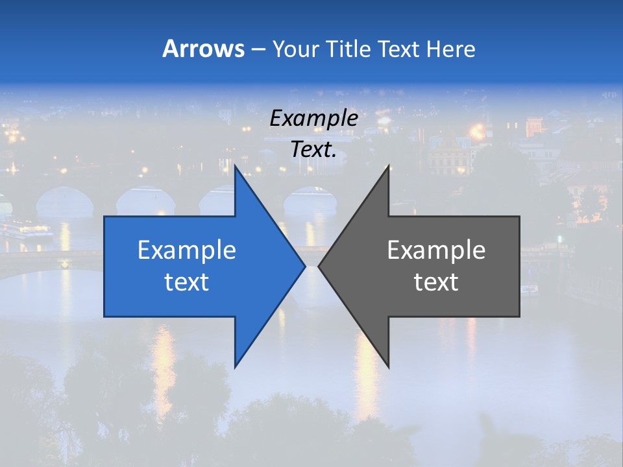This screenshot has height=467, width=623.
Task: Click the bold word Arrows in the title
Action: click(x=204, y=49)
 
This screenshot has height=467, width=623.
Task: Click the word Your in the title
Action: click(x=295, y=49)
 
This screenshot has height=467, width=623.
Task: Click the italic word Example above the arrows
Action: click(x=313, y=119)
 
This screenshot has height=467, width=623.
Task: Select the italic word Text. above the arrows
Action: click(x=313, y=149)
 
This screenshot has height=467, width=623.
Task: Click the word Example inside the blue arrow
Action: click(x=186, y=250)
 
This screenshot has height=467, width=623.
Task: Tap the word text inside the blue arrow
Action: click(x=186, y=282)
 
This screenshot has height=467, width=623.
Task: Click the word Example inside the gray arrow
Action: click(x=436, y=250)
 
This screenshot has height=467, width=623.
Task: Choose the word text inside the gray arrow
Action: click(x=436, y=282)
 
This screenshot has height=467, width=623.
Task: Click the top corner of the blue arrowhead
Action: click(x=236, y=167)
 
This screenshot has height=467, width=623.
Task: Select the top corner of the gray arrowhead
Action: click(x=388, y=167)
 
